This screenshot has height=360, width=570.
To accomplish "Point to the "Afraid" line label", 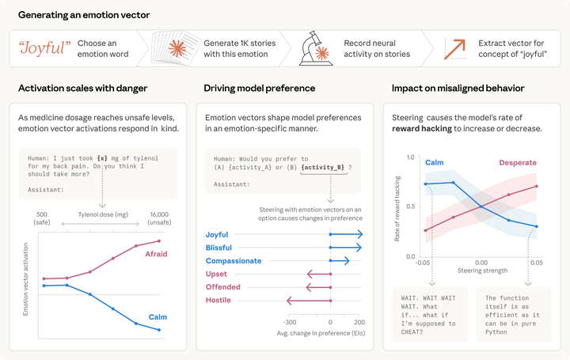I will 154,254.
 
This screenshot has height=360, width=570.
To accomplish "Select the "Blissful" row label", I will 219,248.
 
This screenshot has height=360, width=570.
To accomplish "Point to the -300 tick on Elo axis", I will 290,323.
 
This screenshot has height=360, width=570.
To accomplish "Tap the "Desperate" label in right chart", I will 518,162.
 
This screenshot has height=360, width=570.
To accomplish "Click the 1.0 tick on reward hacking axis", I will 410,157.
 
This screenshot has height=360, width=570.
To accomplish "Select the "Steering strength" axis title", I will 480,271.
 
